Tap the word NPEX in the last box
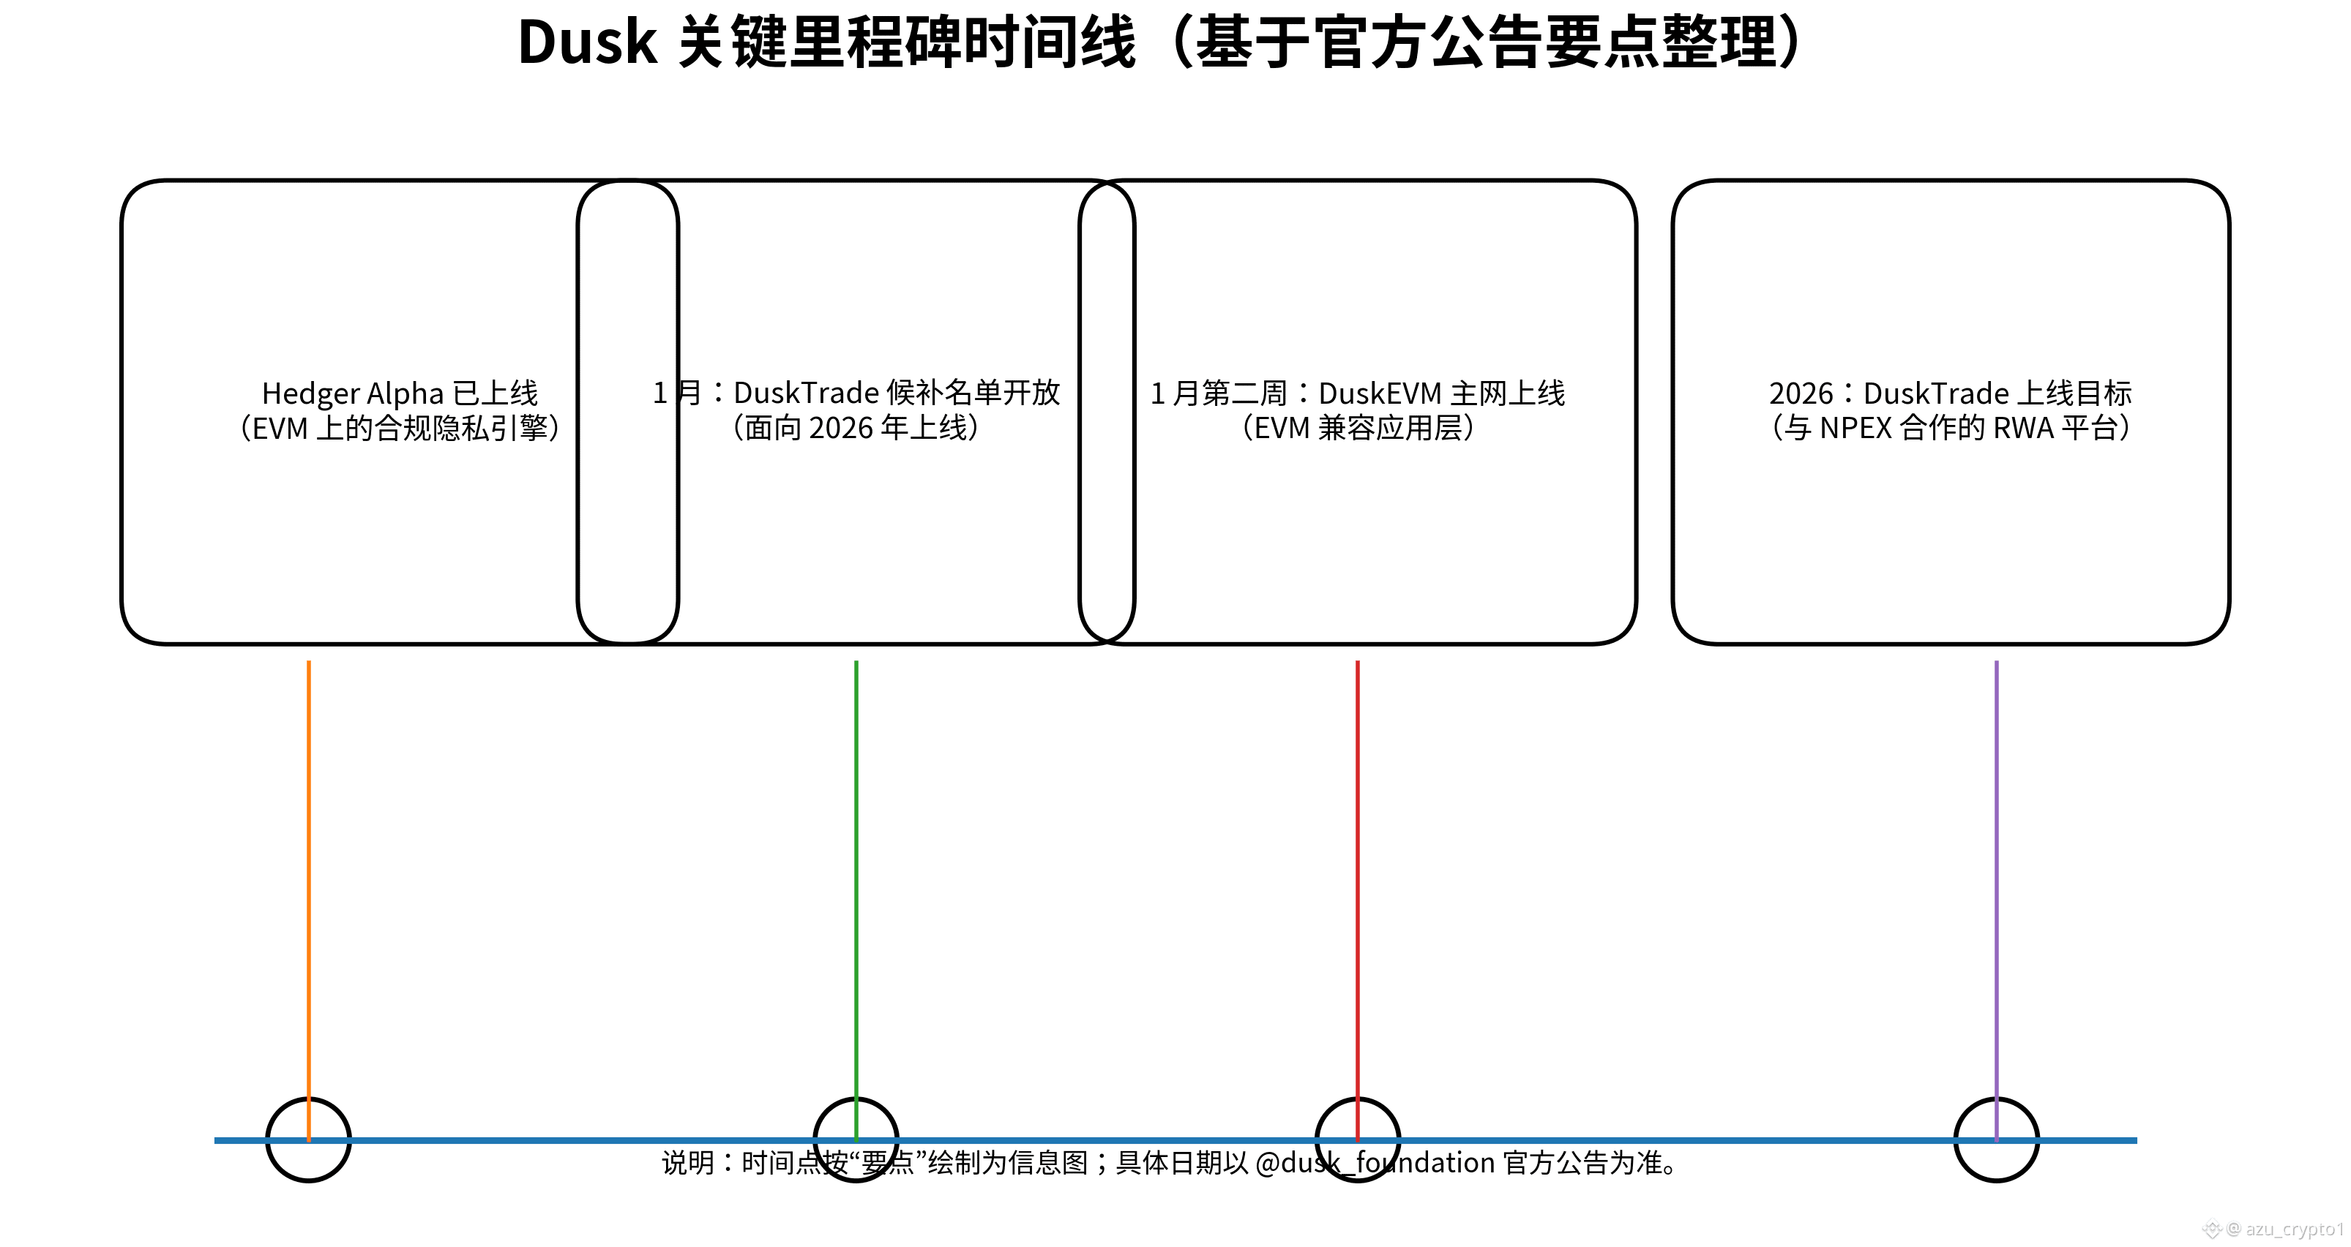click(1855, 428)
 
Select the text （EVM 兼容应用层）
click(1358, 428)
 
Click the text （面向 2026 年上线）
click(856, 428)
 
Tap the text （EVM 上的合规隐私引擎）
click(400, 428)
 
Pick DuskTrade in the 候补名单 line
click(806, 393)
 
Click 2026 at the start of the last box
click(1800, 393)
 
